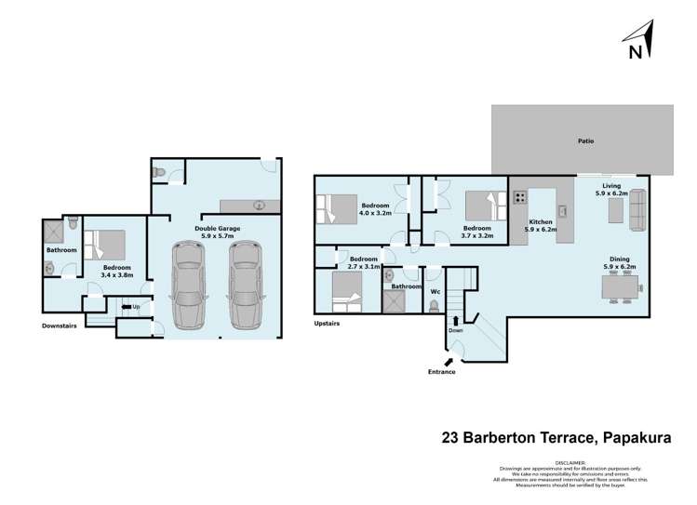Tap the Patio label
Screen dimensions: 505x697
point(585,141)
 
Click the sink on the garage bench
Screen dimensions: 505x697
point(260,206)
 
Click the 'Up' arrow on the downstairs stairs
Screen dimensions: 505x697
point(128,307)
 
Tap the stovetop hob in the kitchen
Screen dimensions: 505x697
point(519,197)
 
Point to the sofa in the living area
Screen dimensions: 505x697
point(638,212)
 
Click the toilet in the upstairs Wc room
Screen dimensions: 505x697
point(434,303)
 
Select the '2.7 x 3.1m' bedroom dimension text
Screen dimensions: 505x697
point(364,266)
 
